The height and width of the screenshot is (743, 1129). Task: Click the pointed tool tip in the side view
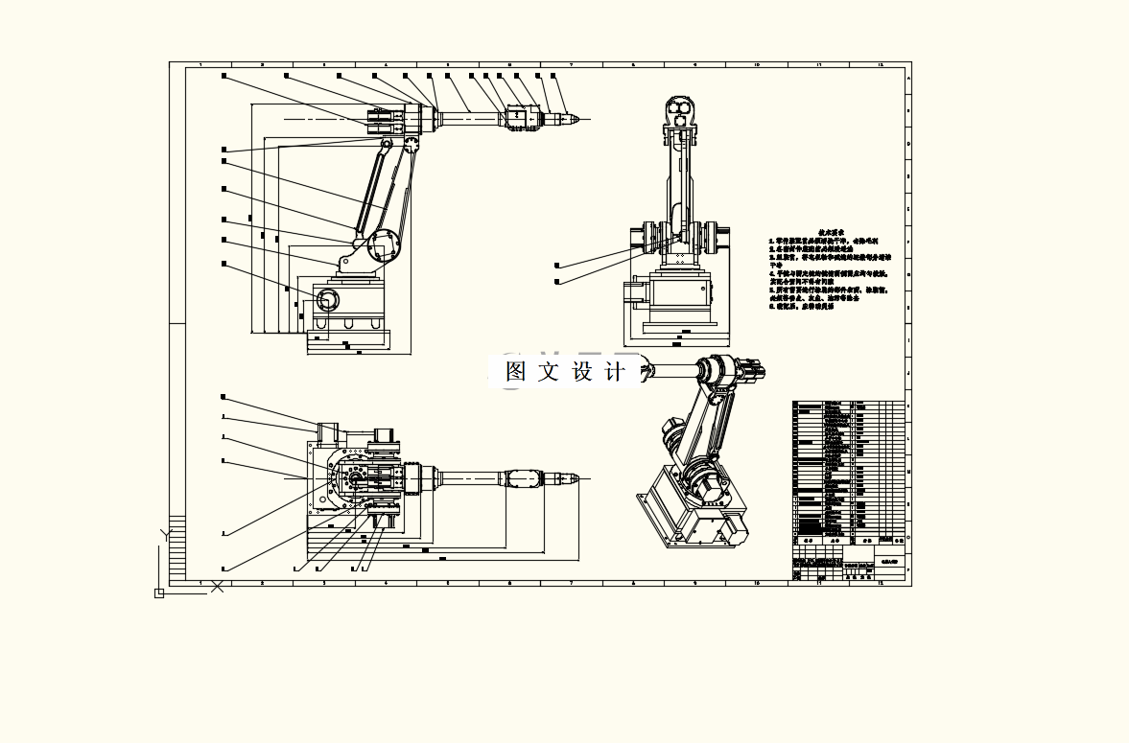tap(575, 119)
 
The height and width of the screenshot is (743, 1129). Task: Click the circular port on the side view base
tap(327, 300)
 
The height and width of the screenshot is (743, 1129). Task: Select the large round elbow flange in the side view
tap(386, 240)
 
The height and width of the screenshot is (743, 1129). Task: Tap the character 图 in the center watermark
tap(516, 372)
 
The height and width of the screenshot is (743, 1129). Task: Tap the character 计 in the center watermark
tap(615, 372)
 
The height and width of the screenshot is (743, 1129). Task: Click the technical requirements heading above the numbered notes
tap(831, 233)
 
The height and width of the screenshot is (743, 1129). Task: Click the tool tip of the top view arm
tap(576, 478)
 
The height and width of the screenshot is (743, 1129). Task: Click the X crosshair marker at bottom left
tap(217, 586)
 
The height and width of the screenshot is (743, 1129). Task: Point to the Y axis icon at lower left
tap(164, 532)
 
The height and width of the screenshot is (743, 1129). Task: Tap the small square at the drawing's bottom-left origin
tap(159, 593)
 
